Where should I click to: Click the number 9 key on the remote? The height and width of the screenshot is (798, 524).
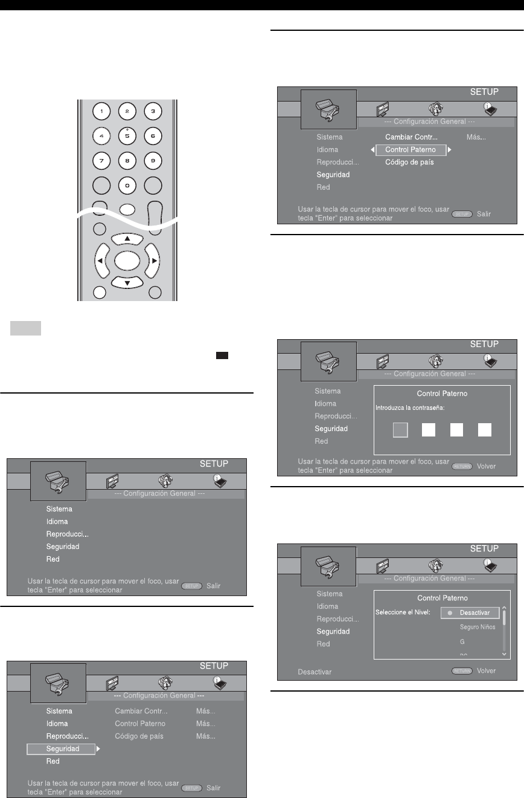click(x=153, y=161)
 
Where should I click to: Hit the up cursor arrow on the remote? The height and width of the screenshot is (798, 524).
click(x=127, y=238)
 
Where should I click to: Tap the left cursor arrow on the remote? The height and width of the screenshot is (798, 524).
click(x=100, y=261)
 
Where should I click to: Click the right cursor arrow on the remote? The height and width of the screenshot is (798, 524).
click(x=153, y=261)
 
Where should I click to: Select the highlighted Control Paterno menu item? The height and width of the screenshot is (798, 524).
click(x=411, y=149)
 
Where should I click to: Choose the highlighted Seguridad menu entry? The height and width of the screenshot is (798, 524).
click(x=61, y=749)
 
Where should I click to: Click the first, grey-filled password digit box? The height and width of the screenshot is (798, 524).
click(x=401, y=429)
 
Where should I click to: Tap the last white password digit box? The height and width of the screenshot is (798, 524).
click(x=485, y=429)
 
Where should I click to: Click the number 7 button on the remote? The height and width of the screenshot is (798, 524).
click(x=101, y=161)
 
